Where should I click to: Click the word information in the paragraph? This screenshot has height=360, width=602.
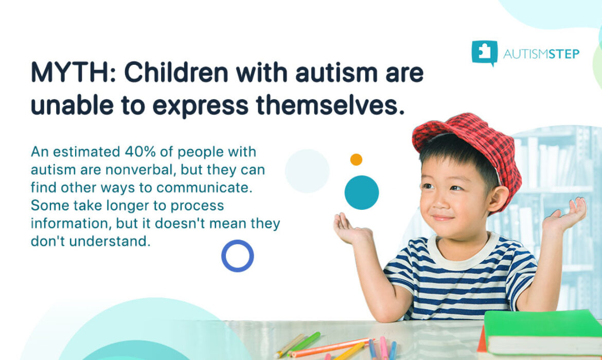pyautogui.click(x=71, y=224)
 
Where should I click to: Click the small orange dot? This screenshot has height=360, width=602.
pyautogui.click(x=356, y=159)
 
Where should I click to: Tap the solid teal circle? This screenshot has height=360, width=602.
pyautogui.click(x=361, y=192)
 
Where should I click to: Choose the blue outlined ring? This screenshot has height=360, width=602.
pyautogui.click(x=237, y=256)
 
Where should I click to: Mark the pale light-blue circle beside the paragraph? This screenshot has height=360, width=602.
pyautogui.click(x=307, y=171)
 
